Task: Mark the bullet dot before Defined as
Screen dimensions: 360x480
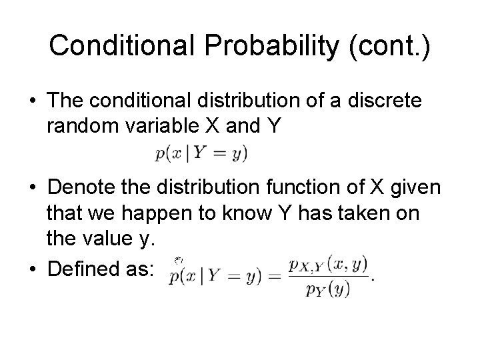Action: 33,269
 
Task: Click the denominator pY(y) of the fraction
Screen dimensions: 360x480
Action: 327,289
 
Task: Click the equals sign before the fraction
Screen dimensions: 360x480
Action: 275,277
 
